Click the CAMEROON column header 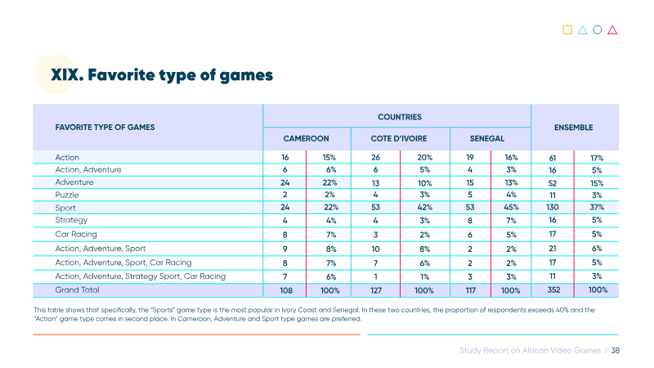(x=306, y=138)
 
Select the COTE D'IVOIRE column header (x=399, y=138)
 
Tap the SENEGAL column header (x=486, y=138)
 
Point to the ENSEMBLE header (x=574, y=128)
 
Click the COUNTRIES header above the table (x=400, y=117)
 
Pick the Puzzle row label (x=67, y=195)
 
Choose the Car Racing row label (x=76, y=234)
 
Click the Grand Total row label (x=77, y=289)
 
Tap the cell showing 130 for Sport (x=553, y=208)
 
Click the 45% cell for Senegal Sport (x=512, y=208)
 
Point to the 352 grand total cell (x=553, y=290)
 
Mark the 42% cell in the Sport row (x=424, y=208)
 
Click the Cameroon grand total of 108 (x=285, y=290)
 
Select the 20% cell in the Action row (x=424, y=157)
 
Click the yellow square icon (x=567, y=29)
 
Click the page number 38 (x=616, y=351)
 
